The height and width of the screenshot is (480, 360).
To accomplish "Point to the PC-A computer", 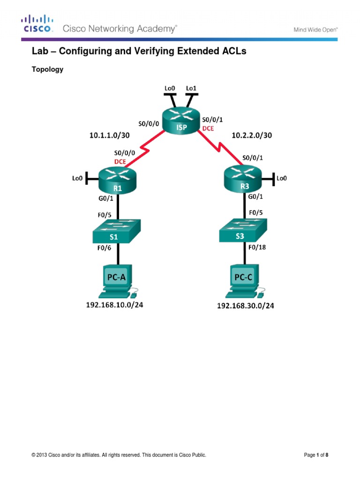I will click(x=116, y=281).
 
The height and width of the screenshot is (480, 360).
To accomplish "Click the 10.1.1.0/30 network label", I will click(x=109, y=135).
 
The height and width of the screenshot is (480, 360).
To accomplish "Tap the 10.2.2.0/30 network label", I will click(x=252, y=135).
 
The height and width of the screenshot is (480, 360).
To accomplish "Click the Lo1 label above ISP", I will click(x=191, y=88).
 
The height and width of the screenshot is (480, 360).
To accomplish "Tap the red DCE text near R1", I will click(x=121, y=161).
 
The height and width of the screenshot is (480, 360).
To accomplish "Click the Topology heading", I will click(x=47, y=69).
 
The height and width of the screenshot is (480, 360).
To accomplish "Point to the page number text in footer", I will click(x=319, y=455).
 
